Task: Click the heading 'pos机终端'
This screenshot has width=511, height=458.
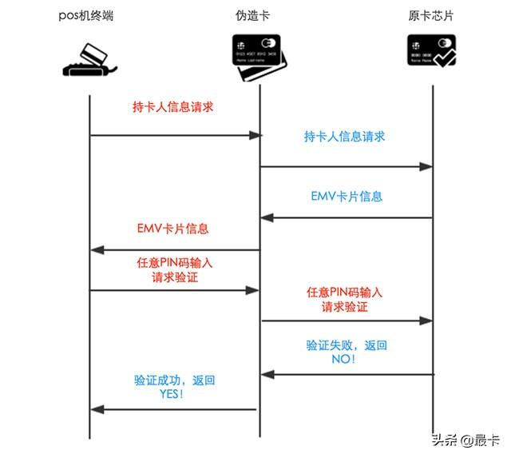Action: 86,15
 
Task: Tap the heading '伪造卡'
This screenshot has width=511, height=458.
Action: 252,15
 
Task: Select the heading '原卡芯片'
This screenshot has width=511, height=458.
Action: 430,15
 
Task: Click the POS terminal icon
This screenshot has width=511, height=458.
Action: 89,60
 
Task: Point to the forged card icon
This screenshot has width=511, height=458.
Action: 259,58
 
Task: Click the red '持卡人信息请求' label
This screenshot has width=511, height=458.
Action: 172,106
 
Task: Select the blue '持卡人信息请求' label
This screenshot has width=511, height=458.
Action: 344,137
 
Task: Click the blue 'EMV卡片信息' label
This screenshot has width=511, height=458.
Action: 347,197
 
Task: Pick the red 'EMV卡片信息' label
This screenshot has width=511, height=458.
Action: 172,229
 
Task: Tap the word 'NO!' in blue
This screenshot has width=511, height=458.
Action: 343,359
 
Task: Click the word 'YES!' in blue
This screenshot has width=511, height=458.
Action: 172,394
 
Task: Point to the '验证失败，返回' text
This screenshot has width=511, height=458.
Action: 347,345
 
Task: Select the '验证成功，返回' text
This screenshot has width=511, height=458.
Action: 174,380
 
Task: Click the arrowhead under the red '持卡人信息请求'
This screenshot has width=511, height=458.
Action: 255,135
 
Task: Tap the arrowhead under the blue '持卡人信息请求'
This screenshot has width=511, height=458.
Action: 426,167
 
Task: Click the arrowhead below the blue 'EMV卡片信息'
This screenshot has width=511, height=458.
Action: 267,217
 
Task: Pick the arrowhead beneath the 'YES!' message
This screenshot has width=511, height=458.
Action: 97,409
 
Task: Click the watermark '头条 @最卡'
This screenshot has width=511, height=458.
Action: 465,440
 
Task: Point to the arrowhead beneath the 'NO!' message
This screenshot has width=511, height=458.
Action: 268,375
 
